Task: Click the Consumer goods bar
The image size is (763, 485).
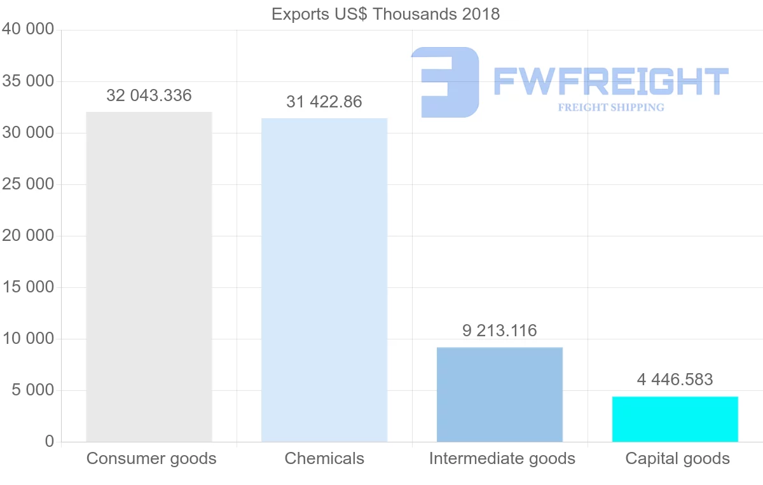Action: point(149,277)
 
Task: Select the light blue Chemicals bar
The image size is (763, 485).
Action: point(324,280)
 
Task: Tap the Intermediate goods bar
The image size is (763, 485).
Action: point(500,394)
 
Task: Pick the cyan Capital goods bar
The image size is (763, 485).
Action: point(675,419)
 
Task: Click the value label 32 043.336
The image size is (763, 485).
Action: point(149,95)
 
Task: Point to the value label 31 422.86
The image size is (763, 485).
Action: point(324,102)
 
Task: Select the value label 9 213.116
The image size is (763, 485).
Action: point(500,331)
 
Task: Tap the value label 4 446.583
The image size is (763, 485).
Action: point(675,379)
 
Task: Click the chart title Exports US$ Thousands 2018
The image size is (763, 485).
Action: point(385,14)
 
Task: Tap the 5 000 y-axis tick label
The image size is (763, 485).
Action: point(32,390)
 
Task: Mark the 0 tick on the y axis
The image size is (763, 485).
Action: point(50,442)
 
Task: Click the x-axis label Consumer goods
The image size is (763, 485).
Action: point(151,458)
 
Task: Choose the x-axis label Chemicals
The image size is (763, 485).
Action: point(324,458)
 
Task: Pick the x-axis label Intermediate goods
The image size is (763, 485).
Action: point(502,458)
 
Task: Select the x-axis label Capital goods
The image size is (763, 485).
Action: point(678,458)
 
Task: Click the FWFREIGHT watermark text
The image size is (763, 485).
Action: point(610,81)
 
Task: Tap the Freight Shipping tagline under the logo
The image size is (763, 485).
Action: point(611,107)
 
